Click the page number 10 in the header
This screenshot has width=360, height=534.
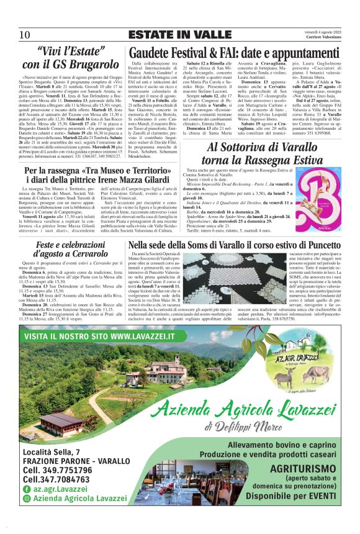click(25, 35)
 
